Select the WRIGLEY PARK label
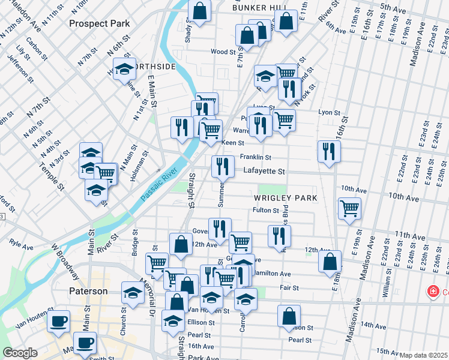point(285,197)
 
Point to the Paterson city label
point(87,291)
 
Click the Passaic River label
point(158,184)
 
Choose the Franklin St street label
point(256,157)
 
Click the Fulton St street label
point(266,211)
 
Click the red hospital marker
point(432,292)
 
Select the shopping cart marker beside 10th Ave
point(349,209)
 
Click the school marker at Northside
point(124,70)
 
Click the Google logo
point(20,353)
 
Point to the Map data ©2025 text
point(423,355)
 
